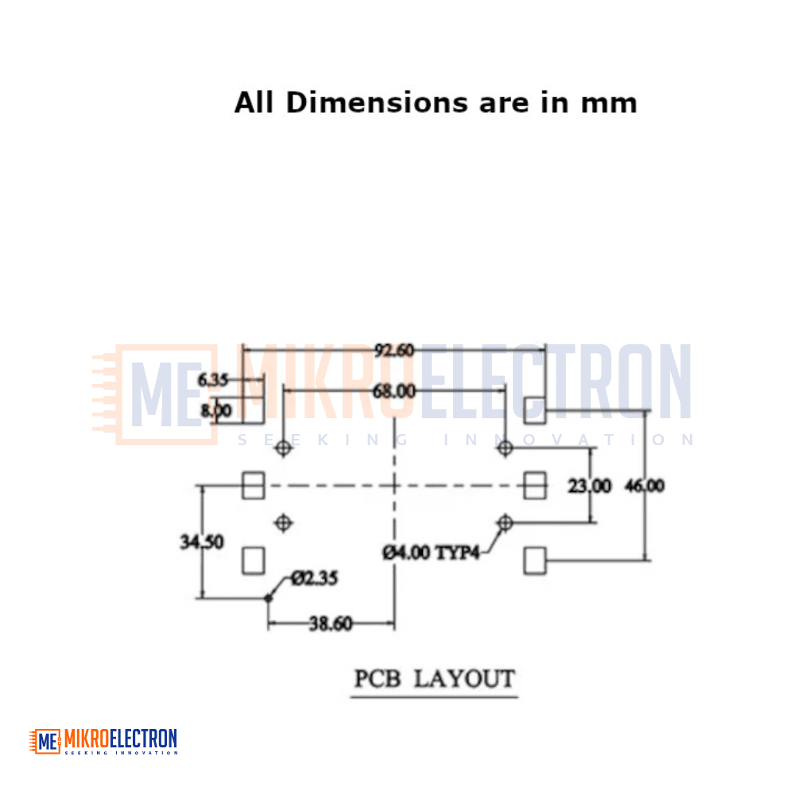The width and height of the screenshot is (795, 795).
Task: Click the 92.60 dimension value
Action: [394, 351]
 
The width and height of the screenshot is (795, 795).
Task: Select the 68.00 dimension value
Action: [394, 391]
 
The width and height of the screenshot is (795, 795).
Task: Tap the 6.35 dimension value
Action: [212, 380]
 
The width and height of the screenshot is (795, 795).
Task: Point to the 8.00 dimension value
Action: [216, 410]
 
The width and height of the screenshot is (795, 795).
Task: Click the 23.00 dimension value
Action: [589, 486]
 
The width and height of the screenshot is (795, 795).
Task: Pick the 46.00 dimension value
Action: [645, 486]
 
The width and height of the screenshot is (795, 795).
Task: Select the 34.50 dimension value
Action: [201, 542]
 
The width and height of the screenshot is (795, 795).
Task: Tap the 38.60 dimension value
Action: [331, 623]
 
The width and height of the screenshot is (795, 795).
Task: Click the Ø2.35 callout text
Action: [314, 578]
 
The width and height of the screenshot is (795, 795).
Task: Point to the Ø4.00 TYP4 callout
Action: [431, 553]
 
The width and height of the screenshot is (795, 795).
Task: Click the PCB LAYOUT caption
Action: [435, 679]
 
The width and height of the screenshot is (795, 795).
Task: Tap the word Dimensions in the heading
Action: [377, 103]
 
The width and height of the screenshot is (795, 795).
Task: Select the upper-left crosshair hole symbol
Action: [284, 448]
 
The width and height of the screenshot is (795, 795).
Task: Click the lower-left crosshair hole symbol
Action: [284, 523]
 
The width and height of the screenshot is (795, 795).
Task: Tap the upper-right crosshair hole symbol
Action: [505, 448]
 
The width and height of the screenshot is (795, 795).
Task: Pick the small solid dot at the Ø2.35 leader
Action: [268, 599]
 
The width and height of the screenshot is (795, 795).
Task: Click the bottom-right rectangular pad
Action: [535, 560]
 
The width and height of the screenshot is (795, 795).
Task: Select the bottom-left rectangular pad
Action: [254, 560]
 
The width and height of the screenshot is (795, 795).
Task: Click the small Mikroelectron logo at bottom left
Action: [103, 742]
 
